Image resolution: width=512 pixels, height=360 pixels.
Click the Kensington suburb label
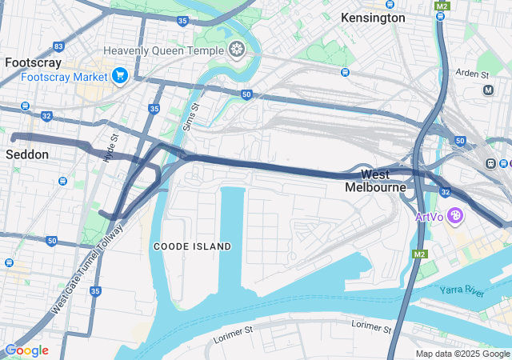pos(373,18)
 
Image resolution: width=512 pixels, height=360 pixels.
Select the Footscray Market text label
pos(64,77)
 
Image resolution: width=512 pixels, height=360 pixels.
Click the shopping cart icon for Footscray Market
pos(120,76)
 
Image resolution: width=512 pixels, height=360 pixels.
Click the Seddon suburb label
pos(28,154)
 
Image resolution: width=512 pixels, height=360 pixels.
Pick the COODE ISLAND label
pos(192,246)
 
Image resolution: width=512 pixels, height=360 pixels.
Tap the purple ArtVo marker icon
pos(455,216)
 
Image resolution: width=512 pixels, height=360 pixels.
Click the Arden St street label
pos(473,74)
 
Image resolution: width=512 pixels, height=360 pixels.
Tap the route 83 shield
pos(58,47)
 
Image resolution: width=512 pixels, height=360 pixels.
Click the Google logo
pos(26,350)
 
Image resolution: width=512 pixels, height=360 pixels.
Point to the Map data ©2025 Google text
pos(462,354)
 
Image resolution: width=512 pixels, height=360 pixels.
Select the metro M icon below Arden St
pos(489,90)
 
